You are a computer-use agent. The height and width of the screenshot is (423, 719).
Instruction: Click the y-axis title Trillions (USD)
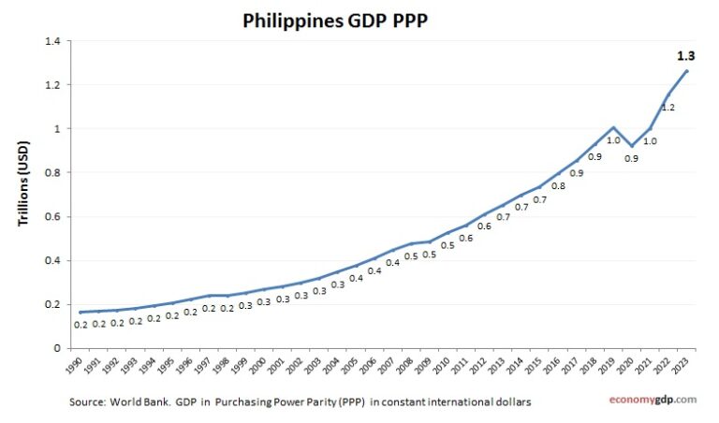(x=25, y=194)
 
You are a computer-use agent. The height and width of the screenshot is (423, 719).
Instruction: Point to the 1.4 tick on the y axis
(x=51, y=41)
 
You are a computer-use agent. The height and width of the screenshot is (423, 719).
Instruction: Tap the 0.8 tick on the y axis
(x=51, y=172)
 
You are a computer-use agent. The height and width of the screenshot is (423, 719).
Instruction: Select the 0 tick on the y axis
(x=56, y=347)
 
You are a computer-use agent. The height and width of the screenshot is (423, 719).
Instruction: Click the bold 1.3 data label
(x=685, y=56)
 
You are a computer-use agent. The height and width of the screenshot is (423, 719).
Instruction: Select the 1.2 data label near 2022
(x=668, y=108)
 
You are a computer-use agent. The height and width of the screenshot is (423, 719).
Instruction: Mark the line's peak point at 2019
(x=613, y=127)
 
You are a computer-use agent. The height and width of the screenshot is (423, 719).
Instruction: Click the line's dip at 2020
(x=632, y=146)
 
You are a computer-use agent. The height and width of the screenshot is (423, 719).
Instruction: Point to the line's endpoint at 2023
(x=687, y=71)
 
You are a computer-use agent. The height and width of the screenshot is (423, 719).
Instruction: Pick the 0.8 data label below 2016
(x=558, y=186)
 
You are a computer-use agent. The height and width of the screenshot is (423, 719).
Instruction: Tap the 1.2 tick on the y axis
(x=51, y=85)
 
